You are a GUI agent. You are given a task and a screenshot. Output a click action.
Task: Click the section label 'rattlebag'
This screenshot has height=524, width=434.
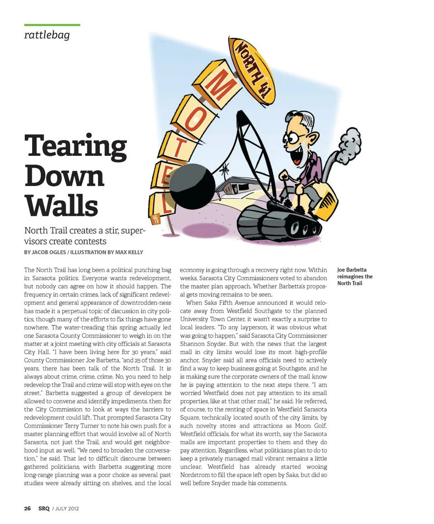47,35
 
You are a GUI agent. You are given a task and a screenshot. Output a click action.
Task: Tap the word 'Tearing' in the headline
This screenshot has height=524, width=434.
75,146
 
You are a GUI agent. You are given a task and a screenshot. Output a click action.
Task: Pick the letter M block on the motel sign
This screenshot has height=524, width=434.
217,87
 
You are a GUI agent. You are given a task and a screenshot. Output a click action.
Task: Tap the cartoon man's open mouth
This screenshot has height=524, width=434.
298,155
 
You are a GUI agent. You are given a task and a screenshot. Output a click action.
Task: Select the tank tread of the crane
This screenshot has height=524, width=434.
280,224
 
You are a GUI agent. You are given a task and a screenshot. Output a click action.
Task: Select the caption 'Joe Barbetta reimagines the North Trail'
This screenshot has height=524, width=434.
355,276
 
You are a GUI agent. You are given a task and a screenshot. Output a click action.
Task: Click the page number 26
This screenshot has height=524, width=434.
27,508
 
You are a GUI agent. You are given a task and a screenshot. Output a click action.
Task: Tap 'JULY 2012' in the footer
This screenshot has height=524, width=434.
67,508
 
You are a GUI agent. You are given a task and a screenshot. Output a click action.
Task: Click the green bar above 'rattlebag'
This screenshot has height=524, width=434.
52,25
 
